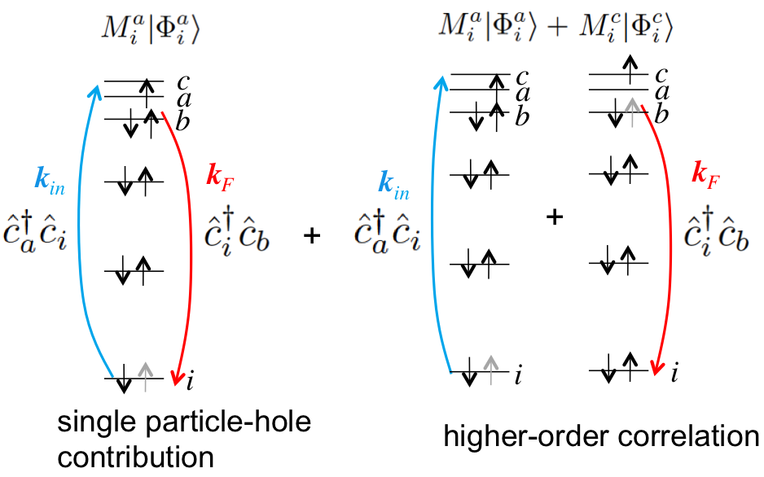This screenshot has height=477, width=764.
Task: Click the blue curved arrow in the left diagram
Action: [82, 236]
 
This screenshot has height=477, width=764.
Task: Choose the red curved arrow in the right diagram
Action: [670, 244]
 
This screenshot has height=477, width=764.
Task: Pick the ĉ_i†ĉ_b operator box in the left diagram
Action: [239, 231]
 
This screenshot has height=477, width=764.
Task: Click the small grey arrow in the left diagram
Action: [145, 376]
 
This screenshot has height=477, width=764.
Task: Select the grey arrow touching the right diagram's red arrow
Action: [632, 112]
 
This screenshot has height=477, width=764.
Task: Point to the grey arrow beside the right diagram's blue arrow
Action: [490, 370]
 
